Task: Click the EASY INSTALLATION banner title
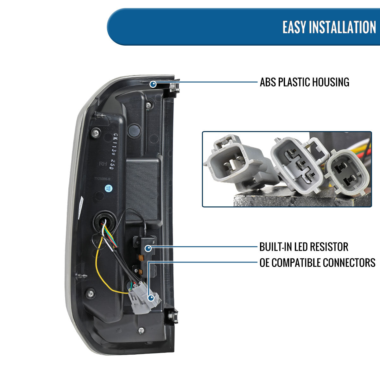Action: coord(329,27)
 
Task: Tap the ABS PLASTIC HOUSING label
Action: coord(304,82)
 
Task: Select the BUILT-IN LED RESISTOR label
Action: coord(304,247)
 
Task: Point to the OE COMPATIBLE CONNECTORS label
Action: coord(317,263)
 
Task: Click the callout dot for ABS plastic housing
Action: coord(153,84)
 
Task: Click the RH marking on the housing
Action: coord(103,164)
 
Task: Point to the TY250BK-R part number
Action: coord(102,179)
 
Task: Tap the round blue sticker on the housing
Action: coord(108,188)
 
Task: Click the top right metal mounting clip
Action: coord(174,87)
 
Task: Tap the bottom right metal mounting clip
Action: coord(173,316)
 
